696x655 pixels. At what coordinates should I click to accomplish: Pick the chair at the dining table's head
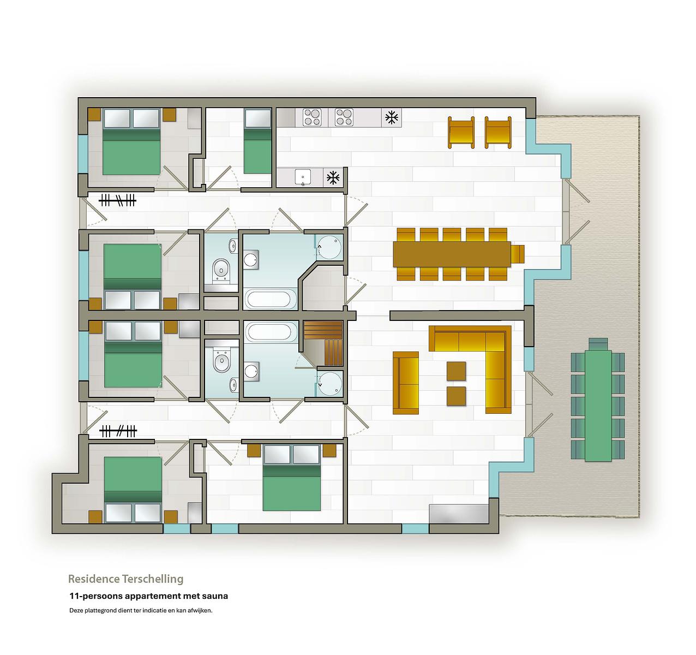518,254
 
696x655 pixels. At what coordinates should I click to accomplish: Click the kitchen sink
302,177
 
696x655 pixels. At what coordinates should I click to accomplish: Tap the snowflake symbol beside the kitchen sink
333,177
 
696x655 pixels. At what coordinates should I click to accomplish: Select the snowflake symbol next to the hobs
392,117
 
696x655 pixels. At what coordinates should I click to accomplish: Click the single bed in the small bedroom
257,141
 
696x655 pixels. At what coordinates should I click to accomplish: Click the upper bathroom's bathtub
270,299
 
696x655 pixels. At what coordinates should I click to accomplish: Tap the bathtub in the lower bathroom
270,332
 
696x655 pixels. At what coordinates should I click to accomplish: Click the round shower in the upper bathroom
329,247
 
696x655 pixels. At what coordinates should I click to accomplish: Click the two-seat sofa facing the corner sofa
406,383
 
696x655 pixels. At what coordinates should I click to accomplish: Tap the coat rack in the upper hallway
117,201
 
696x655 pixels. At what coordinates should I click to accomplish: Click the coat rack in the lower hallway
118,431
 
